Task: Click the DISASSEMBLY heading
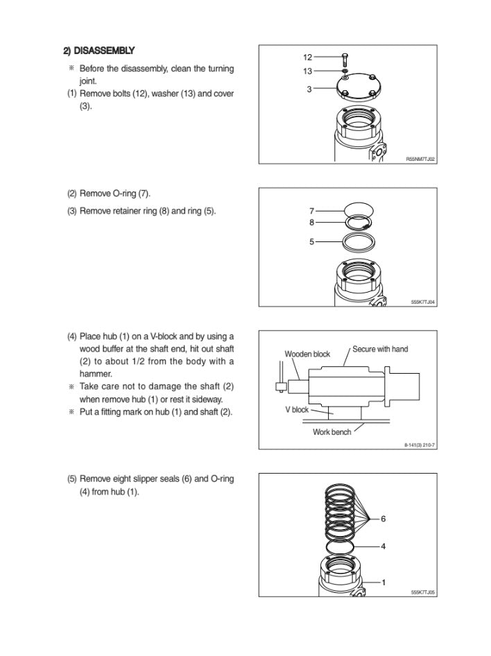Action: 99,51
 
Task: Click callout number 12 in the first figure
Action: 308,58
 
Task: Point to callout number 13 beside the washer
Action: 308,71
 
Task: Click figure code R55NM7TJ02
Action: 420,159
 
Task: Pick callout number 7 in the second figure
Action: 312,210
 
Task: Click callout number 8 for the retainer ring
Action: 312,222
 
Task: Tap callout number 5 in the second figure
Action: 312,241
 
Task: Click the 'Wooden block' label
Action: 307,354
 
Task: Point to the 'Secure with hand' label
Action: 380,349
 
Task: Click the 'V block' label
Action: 297,409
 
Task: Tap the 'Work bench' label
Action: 331,433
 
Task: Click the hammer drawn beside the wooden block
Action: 281,385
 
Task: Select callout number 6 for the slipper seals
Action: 383,518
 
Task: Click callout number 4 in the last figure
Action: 383,546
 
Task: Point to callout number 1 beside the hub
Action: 383,582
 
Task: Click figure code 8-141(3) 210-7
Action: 420,445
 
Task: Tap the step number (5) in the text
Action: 71,478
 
